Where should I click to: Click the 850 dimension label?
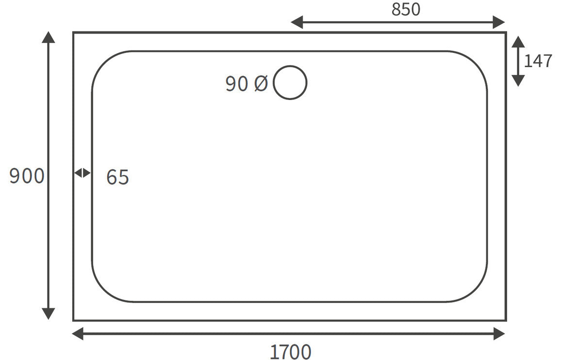[x=406, y=9]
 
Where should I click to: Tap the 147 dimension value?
[x=538, y=61]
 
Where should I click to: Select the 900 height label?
[x=27, y=176]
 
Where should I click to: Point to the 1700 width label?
[x=290, y=351]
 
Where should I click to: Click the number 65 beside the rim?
[x=117, y=178]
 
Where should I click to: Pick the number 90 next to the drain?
[x=237, y=84]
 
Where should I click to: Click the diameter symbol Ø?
[x=261, y=84]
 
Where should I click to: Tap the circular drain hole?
[x=290, y=83]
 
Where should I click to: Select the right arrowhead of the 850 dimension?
[x=499, y=22]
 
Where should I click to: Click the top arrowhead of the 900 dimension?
[x=48, y=37]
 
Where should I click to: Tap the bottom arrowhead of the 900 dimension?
[x=48, y=314]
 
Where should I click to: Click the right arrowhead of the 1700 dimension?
[x=499, y=334]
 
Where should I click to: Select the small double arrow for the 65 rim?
[x=82, y=173]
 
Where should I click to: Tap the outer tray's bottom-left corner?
[x=74, y=320]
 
